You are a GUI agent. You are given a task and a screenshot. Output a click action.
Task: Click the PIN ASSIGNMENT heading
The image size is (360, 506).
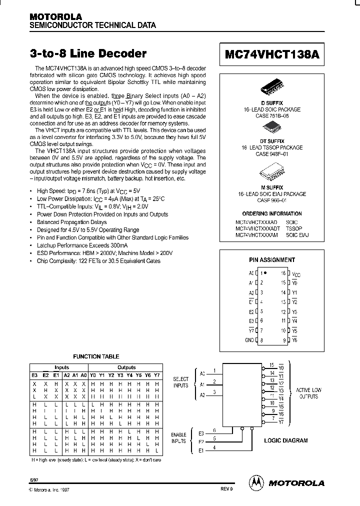272,260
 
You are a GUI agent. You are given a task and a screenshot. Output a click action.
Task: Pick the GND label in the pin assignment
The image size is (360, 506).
249,339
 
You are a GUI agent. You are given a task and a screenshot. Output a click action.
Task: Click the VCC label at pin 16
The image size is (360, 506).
296,274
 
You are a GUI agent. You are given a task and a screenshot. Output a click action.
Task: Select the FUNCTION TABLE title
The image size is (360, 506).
96,356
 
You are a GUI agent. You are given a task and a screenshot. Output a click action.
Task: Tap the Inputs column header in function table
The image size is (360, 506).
61,367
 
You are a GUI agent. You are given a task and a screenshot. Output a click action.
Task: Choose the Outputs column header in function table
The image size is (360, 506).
126,367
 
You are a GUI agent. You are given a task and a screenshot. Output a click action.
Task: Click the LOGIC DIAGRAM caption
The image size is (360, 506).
285,440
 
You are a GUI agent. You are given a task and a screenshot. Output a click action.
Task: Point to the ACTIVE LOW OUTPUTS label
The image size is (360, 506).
308,393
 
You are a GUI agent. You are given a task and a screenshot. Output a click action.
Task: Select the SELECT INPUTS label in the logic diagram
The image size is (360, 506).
180,382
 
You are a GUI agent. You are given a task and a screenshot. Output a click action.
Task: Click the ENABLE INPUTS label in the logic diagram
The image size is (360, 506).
178,438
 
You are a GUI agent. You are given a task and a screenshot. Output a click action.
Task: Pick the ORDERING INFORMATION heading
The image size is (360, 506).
272,213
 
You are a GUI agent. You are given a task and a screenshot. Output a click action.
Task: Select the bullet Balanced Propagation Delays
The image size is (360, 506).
72,222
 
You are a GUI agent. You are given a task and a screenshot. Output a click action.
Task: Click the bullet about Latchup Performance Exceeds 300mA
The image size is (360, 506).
82,245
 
